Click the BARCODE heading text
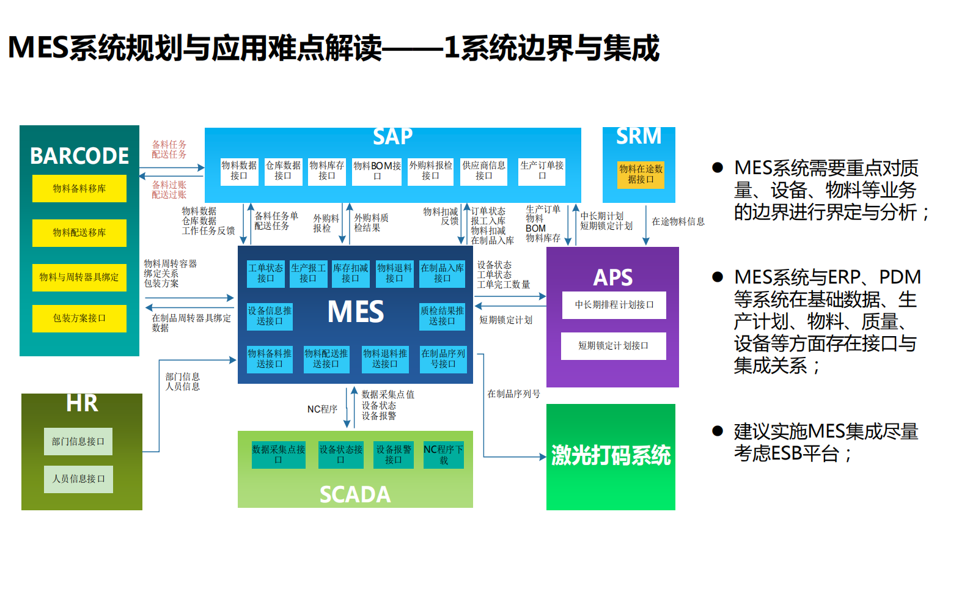[79, 156]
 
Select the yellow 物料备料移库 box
[79, 188]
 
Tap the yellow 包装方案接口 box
[79, 318]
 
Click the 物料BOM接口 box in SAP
[377, 170]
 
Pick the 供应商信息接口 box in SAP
[483, 170]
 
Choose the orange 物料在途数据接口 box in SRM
[641, 174]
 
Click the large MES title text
[356, 312]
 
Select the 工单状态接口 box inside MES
[266, 273]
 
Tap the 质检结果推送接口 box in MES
[442, 316]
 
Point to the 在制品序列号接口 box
[443, 359]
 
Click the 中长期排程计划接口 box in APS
[614, 304]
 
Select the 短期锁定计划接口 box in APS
[613, 346]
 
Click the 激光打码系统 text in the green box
[611, 456]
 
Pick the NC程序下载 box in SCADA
[443, 455]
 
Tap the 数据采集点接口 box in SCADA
[278, 455]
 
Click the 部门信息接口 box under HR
[78, 441]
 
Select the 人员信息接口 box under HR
[78, 479]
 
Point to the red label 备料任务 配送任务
[169, 150]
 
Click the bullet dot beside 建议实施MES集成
[718, 431]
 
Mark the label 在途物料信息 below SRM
[678, 221]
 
